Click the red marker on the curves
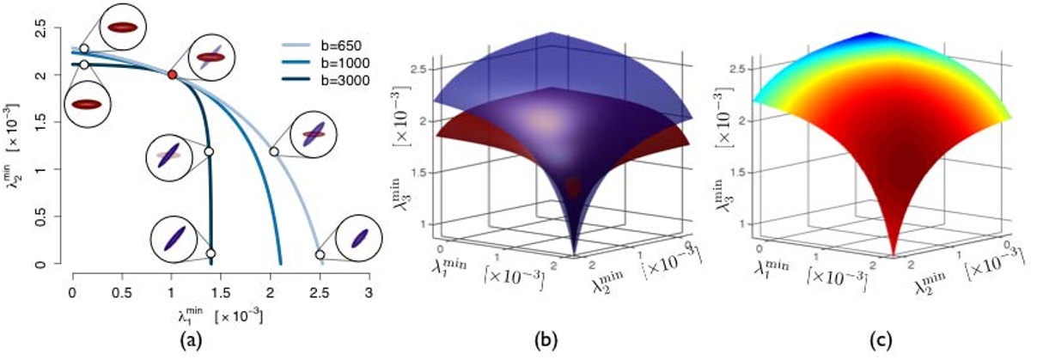point(173,76)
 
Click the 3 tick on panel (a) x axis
point(369,292)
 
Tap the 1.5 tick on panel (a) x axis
point(220,292)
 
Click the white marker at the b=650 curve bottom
point(320,254)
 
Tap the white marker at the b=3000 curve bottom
point(210,253)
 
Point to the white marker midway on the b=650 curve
point(274,151)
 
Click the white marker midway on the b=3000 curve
point(208,151)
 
